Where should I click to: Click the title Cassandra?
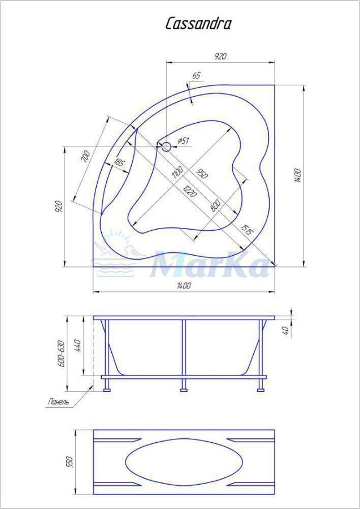198,24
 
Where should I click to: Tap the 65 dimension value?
197,76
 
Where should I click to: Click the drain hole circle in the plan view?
166,146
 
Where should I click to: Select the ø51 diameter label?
184,141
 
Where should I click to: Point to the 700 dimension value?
85,157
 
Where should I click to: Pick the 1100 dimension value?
177,172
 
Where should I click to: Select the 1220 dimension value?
190,191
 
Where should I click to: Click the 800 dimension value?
215,206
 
